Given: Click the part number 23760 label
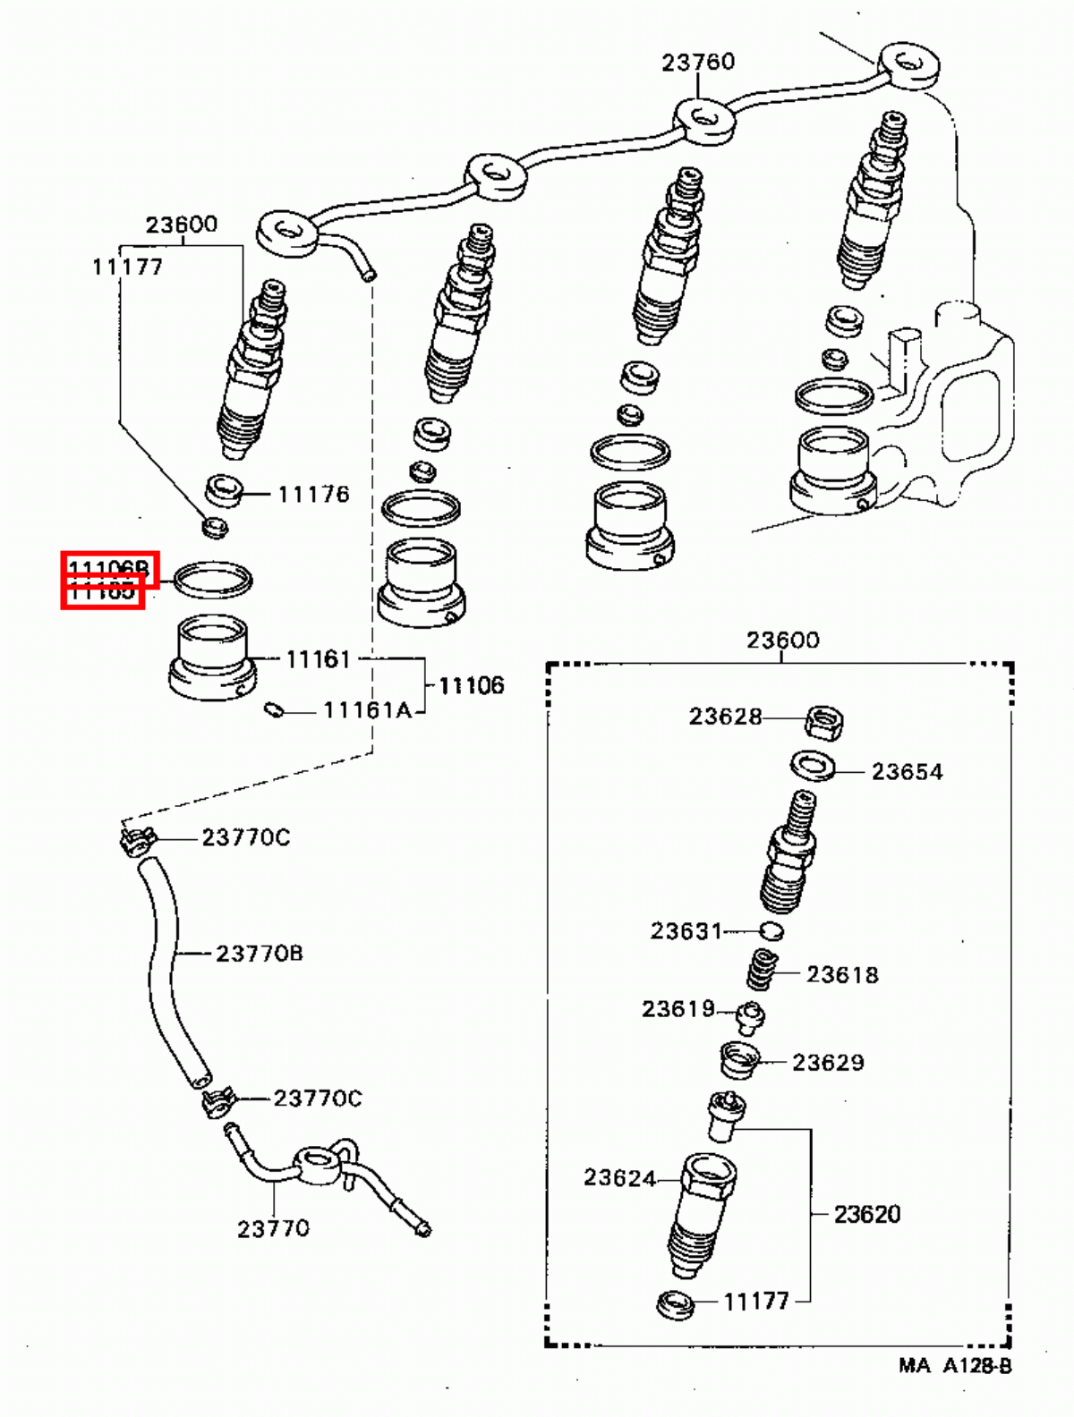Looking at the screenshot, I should tap(698, 62).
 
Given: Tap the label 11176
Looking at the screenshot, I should tap(313, 494).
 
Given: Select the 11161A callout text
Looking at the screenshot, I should tap(367, 710).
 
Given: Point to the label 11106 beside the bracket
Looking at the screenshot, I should tap(471, 685).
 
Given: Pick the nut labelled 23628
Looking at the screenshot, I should tap(823, 721).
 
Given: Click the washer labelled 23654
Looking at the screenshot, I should tap(813, 766).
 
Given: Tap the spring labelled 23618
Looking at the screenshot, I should tap(763, 971).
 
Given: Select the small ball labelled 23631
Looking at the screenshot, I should tap(771, 931).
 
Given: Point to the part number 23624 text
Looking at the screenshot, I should tap(619, 1178).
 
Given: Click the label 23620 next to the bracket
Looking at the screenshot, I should tap(866, 1214).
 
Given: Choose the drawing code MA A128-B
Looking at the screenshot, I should tap(955, 1366).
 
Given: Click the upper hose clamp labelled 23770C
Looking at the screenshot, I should tap(137, 841).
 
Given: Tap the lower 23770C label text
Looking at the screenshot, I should tap(318, 1098).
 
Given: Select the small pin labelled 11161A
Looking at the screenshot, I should tap(275, 710).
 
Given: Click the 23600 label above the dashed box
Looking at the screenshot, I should tap(782, 641).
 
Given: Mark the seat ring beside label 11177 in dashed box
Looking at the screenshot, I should tap(676, 1305).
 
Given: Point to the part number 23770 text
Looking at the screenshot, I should tap(273, 1229).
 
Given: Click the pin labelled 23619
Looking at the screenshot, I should tap(750, 1017).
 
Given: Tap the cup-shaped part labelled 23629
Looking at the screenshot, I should tap(738, 1061).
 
